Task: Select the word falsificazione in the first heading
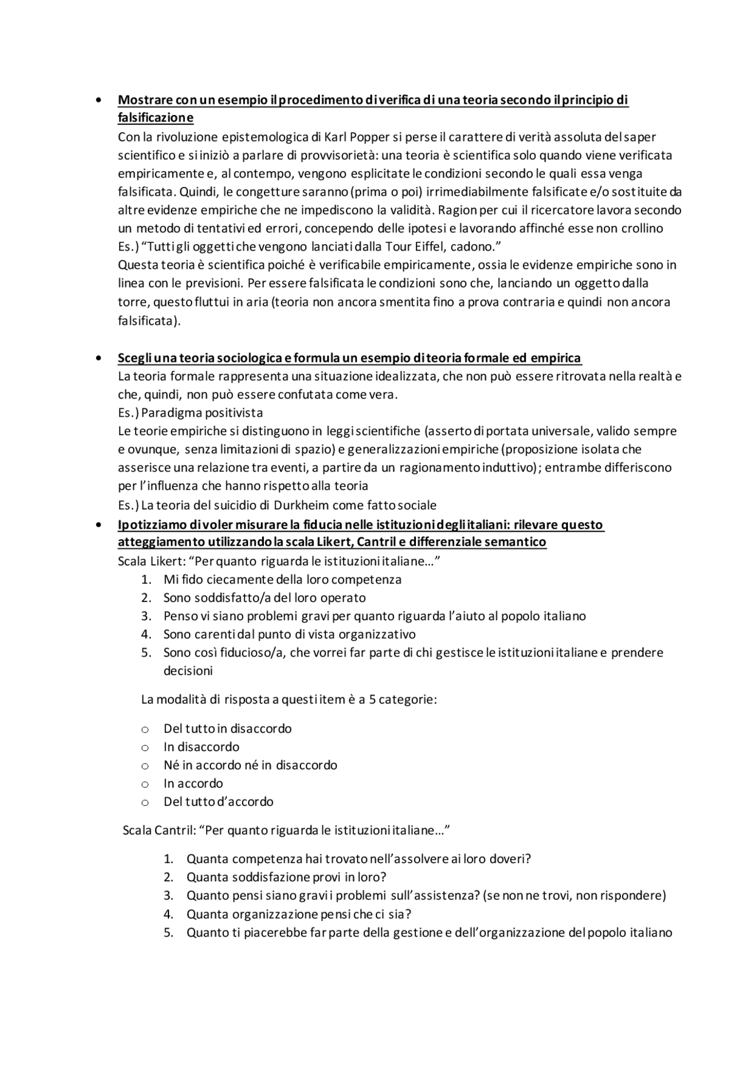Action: (x=156, y=118)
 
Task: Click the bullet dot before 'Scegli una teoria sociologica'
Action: (x=98, y=358)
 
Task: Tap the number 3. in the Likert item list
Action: (x=147, y=617)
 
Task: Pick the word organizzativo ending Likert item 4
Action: (x=377, y=635)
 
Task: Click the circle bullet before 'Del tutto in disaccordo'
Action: (x=145, y=730)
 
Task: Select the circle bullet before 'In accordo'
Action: (x=145, y=785)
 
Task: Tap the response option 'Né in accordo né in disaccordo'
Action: (x=250, y=766)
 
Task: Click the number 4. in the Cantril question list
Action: (x=169, y=914)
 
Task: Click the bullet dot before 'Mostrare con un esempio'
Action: (x=98, y=100)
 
